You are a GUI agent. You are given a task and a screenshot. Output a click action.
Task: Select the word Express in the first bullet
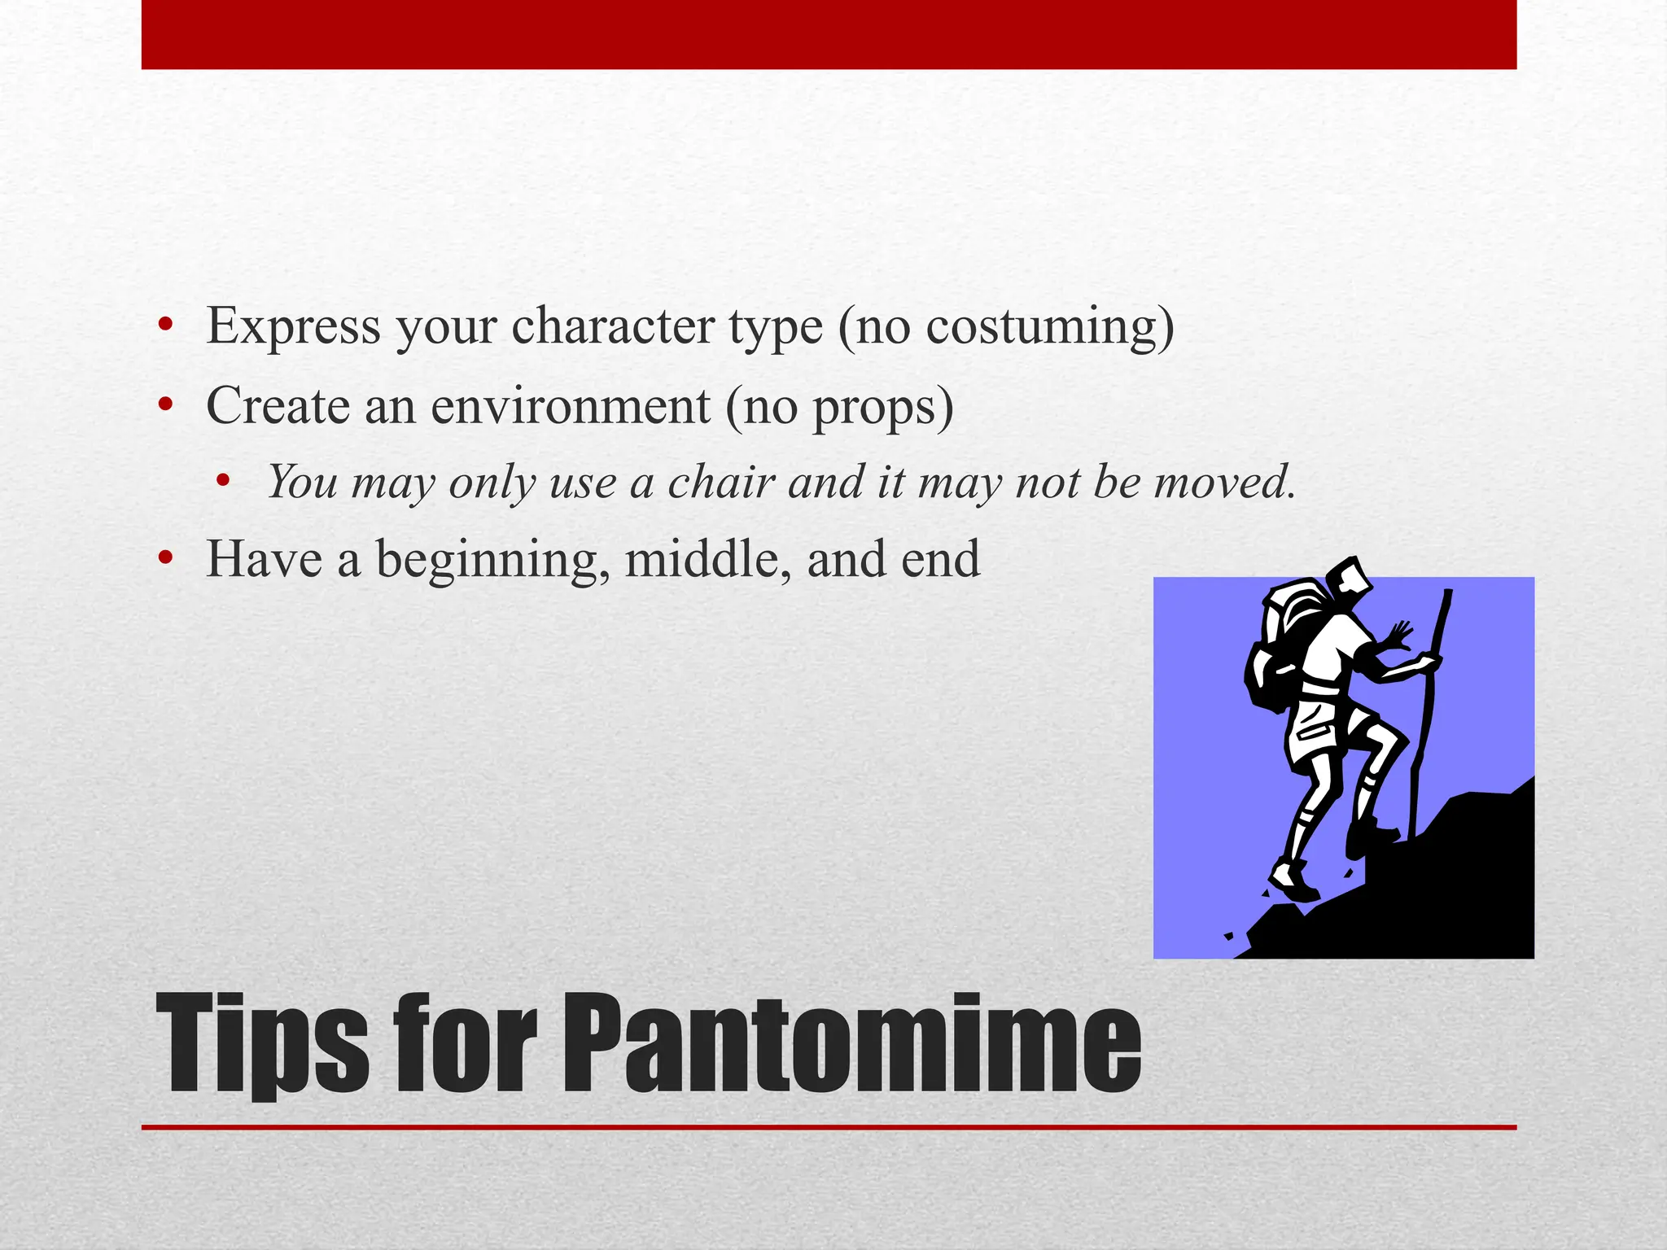click(293, 326)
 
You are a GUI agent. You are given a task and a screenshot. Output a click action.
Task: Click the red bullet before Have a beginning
click(166, 558)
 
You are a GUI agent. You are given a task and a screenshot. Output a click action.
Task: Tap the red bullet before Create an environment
click(166, 404)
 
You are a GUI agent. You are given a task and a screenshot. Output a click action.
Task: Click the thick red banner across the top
click(829, 34)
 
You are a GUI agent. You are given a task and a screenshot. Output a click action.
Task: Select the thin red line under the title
click(829, 1127)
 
